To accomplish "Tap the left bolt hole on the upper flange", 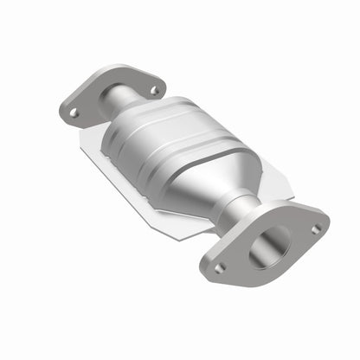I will (74, 112).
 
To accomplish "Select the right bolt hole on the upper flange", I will (154, 89).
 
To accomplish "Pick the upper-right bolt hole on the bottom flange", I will (317, 228).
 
